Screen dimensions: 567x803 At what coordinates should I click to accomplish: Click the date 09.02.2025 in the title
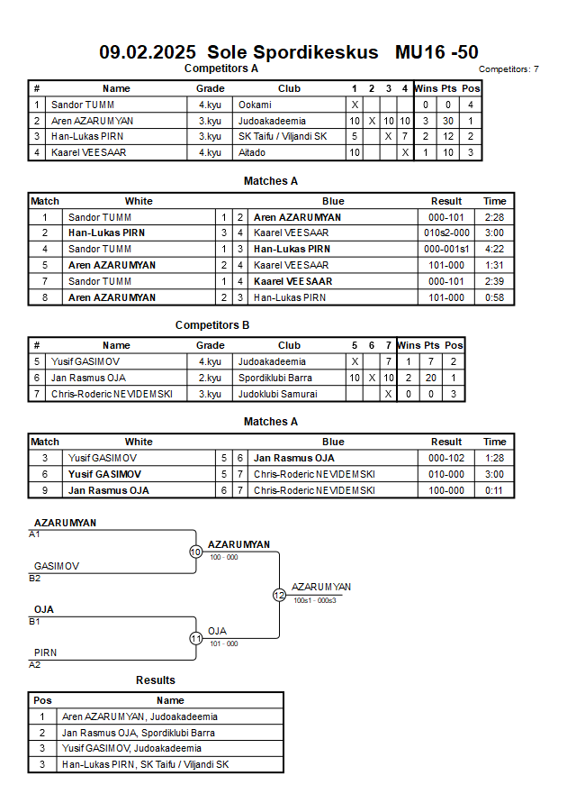click(x=148, y=52)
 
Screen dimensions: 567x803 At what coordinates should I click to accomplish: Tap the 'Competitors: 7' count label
click(x=508, y=69)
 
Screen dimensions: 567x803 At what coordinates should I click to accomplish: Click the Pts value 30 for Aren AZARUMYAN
click(x=448, y=121)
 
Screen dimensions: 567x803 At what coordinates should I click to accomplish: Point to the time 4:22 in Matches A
click(x=494, y=249)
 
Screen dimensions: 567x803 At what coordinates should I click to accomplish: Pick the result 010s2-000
click(x=446, y=233)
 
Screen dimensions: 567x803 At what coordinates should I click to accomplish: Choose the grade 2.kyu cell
click(x=210, y=378)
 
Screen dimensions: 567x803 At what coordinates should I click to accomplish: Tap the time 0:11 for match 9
click(x=494, y=490)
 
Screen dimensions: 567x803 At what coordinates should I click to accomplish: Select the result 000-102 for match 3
click(x=446, y=458)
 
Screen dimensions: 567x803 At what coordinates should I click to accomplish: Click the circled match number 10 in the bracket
click(x=196, y=552)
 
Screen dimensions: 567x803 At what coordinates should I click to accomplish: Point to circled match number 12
click(x=279, y=595)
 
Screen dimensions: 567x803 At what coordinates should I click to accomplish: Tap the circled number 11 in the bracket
click(x=196, y=639)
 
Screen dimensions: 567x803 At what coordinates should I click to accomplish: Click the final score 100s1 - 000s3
click(x=315, y=600)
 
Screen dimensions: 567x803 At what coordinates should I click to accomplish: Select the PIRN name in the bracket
click(x=46, y=653)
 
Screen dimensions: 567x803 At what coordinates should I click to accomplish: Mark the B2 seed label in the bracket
click(x=34, y=579)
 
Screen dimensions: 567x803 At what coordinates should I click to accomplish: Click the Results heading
click(x=156, y=680)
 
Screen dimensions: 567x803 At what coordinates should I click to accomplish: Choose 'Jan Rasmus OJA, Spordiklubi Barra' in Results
click(x=138, y=733)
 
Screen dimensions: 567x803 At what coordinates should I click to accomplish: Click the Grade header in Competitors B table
click(x=210, y=346)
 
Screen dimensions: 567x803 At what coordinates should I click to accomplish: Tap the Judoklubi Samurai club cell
click(x=277, y=394)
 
